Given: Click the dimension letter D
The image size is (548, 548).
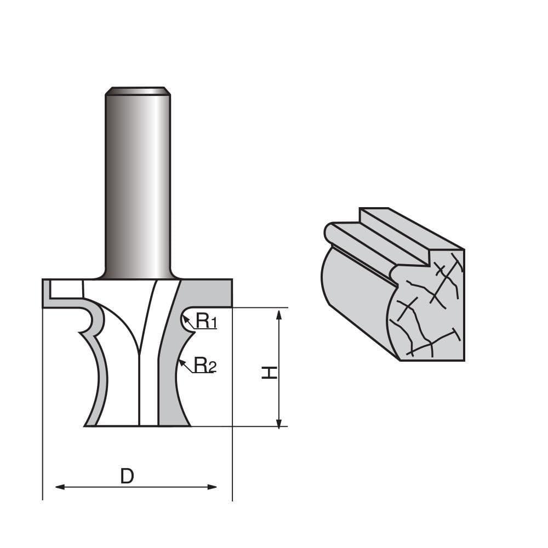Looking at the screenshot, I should [127, 476].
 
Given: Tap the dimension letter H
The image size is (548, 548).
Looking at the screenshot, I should [269, 373].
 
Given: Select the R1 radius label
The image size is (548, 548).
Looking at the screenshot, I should [206, 322].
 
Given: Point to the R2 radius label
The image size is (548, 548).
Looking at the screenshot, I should [205, 365].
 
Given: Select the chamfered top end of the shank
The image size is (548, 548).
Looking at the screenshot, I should [138, 90].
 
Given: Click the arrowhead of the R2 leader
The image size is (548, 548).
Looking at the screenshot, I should [181, 361].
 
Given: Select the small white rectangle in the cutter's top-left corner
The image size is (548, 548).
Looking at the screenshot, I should [65, 289].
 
